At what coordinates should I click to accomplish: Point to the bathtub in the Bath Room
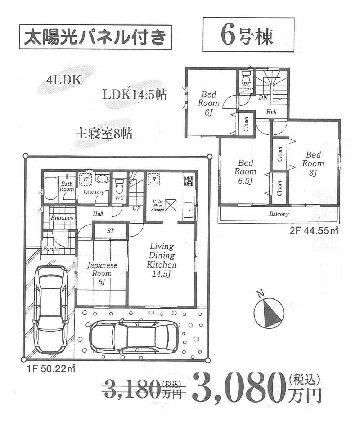(50, 188)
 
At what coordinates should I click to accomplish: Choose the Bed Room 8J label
(313, 163)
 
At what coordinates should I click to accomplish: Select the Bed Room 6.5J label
(245, 172)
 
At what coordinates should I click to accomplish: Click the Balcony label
(279, 214)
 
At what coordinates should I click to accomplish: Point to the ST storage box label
(111, 231)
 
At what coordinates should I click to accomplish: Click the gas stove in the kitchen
(189, 181)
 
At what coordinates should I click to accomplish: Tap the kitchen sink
(189, 210)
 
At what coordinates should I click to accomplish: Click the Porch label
(50, 249)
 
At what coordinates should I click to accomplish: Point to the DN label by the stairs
(263, 97)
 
